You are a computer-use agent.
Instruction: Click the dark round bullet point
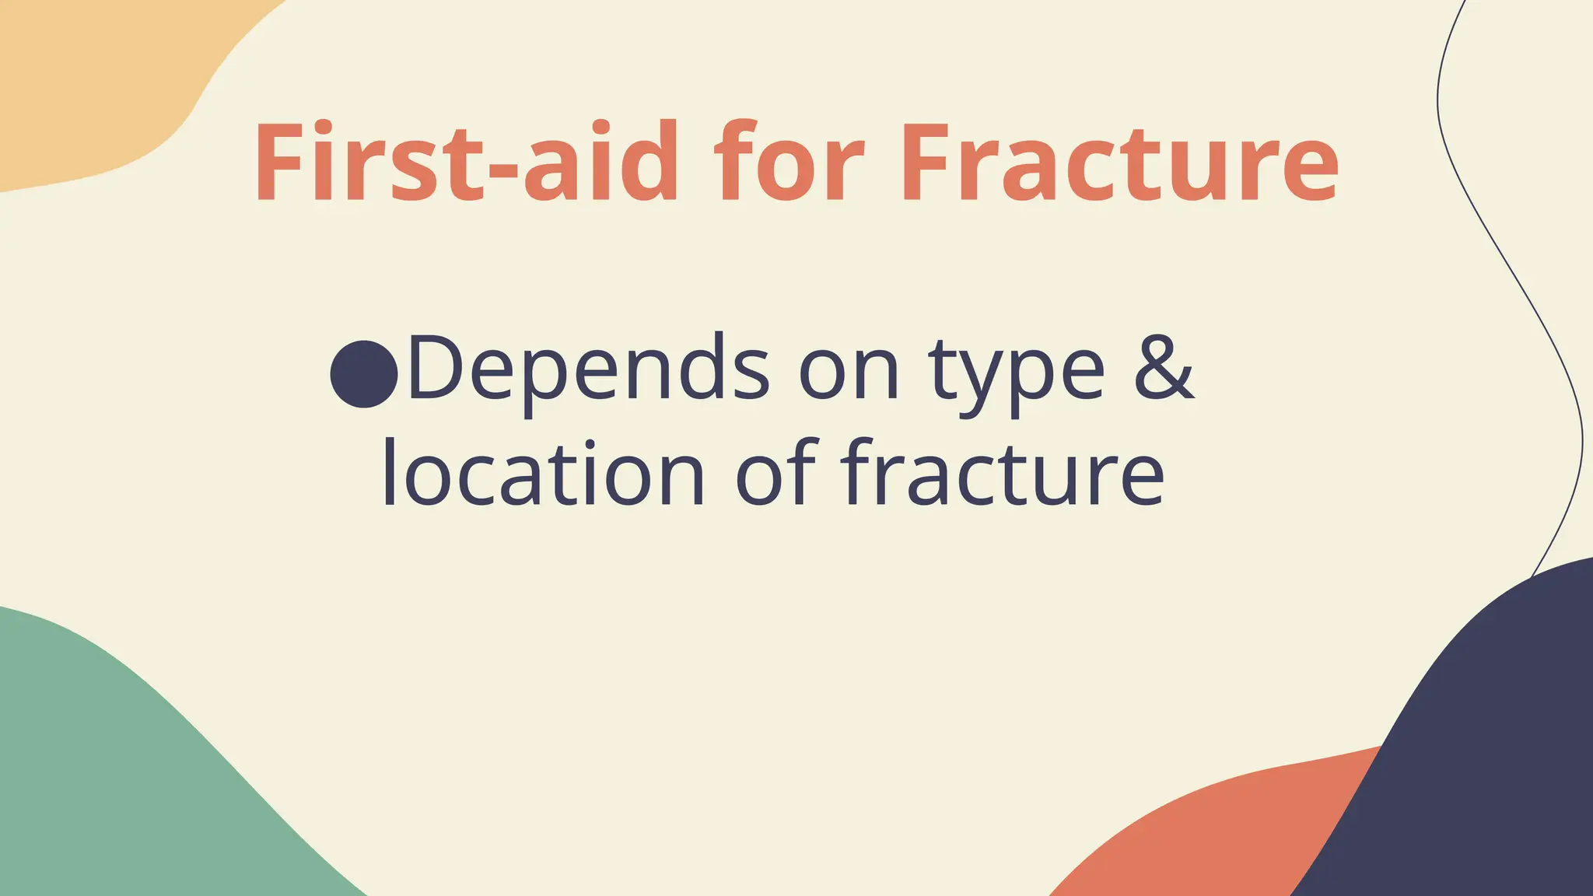coord(364,373)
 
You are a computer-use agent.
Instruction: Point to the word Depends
coord(588,369)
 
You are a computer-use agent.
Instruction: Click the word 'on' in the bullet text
coord(849,372)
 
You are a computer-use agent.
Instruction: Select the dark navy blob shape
coord(1478,762)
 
